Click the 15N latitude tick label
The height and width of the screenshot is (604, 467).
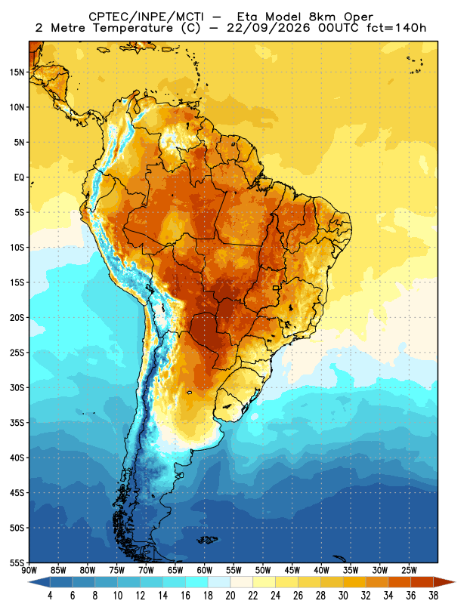(x=17, y=72)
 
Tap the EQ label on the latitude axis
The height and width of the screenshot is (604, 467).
(x=19, y=177)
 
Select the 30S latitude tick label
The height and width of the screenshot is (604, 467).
(x=17, y=387)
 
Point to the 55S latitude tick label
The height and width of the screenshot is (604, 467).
(x=17, y=562)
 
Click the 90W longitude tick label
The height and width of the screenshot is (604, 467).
(x=29, y=570)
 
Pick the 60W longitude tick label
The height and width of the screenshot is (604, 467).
(x=204, y=570)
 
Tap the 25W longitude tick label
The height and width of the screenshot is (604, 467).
(x=409, y=570)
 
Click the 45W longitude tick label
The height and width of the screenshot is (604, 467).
(x=292, y=570)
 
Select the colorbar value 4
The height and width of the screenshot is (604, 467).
(x=50, y=596)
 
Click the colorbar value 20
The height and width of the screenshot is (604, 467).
(x=230, y=596)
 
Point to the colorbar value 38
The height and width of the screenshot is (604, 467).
(x=433, y=596)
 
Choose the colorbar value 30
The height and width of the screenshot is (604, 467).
(x=343, y=596)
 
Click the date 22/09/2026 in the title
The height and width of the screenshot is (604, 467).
(x=268, y=28)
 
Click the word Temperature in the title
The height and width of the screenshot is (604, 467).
(x=131, y=28)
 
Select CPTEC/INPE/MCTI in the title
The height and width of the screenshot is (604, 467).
(x=147, y=17)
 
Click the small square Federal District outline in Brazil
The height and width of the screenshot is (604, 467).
(x=276, y=288)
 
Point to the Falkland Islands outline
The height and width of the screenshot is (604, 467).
(x=207, y=540)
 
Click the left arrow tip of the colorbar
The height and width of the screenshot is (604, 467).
(x=28, y=582)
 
